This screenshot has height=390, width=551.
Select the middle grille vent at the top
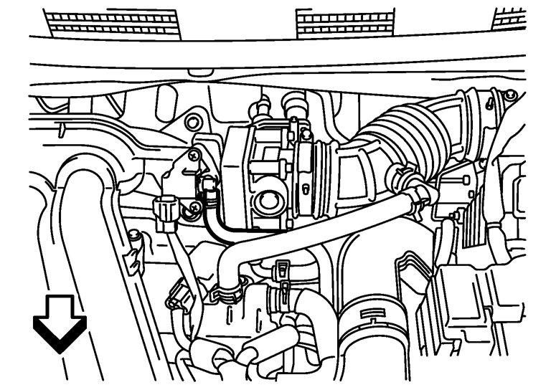tap(345, 23)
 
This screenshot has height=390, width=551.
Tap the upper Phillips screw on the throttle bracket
tap(194, 153)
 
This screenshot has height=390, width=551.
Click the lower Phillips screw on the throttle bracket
tap(194, 208)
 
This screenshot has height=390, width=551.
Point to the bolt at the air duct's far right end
tap(509, 95)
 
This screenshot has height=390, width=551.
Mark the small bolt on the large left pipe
tap(133, 235)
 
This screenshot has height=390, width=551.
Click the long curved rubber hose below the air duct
tap(316, 229)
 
